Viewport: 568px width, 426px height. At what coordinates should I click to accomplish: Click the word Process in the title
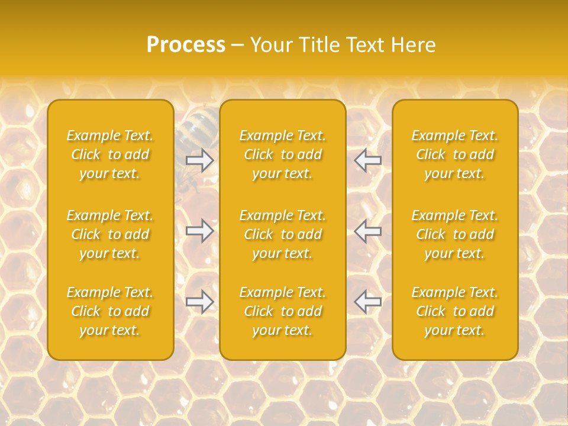coord(186,45)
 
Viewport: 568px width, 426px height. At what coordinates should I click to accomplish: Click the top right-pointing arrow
coord(199,160)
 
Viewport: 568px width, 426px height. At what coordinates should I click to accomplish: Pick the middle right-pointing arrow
coord(199,230)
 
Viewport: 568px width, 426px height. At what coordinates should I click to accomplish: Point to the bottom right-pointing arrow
coord(199,302)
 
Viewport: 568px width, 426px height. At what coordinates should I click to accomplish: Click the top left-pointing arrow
coord(367,160)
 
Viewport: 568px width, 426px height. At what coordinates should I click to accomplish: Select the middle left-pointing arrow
coord(367,230)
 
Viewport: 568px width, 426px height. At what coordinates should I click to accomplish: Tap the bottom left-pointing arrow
coord(367,302)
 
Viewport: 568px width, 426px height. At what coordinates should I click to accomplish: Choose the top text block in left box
coord(110,154)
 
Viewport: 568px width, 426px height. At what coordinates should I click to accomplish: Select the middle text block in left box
coord(110,234)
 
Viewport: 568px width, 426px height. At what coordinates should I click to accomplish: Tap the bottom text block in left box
coord(110,311)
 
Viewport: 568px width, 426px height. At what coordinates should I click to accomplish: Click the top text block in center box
coord(282,154)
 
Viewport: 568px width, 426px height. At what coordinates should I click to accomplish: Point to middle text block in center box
coord(282,234)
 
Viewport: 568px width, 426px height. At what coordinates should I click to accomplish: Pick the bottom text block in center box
coord(282,311)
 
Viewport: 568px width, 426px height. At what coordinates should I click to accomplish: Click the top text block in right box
coord(455,154)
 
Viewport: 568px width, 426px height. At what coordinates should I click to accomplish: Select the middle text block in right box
coord(455,234)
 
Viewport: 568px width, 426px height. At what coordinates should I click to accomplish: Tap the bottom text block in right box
coord(455,311)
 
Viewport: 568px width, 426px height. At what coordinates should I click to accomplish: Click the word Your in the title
coord(272,45)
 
